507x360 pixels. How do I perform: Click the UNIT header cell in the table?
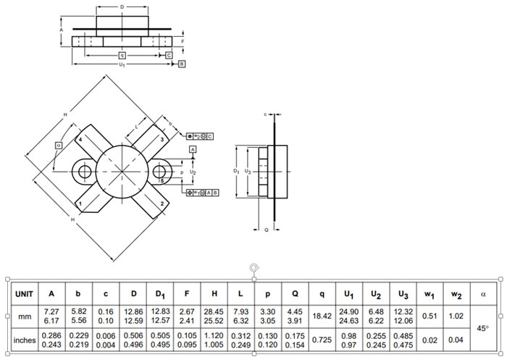[22, 293]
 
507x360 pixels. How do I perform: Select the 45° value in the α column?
[482, 328]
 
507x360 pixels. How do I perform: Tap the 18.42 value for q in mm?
[319, 316]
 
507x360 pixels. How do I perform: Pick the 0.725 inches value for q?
[319, 340]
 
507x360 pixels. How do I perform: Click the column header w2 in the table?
[457, 293]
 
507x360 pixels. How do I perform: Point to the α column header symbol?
[483, 293]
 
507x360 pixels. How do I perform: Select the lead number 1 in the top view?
[80, 204]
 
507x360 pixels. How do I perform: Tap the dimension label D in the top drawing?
[122, 6]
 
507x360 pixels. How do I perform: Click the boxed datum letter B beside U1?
[181, 64]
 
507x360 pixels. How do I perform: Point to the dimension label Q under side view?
[267, 229]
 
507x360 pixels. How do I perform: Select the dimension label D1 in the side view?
[236, 171]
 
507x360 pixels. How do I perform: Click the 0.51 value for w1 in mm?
[430, 316]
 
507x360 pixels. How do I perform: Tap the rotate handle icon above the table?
[253, 268]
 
